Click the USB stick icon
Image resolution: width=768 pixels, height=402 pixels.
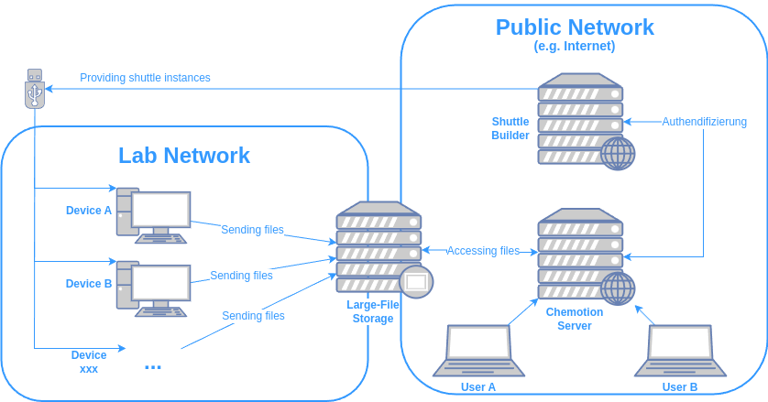[x=35, y=88]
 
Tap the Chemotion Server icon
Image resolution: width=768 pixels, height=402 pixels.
[x=581, y=252]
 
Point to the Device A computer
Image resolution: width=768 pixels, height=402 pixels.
[x=153, y=215]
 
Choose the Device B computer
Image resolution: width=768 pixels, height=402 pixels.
[x=153, y=288]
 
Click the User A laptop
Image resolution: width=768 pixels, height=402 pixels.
[x=478, y=350]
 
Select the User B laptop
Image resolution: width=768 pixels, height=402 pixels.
[x=680, y=350]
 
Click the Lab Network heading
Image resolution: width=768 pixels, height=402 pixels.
[x=184, y=156]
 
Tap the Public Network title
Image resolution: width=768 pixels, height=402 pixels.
[x=575, y=27]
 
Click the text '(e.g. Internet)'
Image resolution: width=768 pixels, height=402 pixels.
[x=575, y=46]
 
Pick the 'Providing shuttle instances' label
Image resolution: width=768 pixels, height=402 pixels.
[x=145, y=78]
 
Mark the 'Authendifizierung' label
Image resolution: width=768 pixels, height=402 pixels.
[x=704, y=121]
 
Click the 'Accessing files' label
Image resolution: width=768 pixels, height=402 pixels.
[x=483, y=251]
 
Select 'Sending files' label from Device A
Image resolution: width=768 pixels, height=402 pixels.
[x=252, y=230]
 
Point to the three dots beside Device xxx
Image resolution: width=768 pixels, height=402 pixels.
[x=153, y=367]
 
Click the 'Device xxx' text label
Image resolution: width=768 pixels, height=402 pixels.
[x=89, y=362]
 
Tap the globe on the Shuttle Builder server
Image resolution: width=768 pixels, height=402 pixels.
[x=618, y=153]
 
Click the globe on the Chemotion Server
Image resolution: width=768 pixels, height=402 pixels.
[x=618, y=288]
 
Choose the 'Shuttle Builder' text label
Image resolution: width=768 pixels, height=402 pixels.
[x=510, y=128]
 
